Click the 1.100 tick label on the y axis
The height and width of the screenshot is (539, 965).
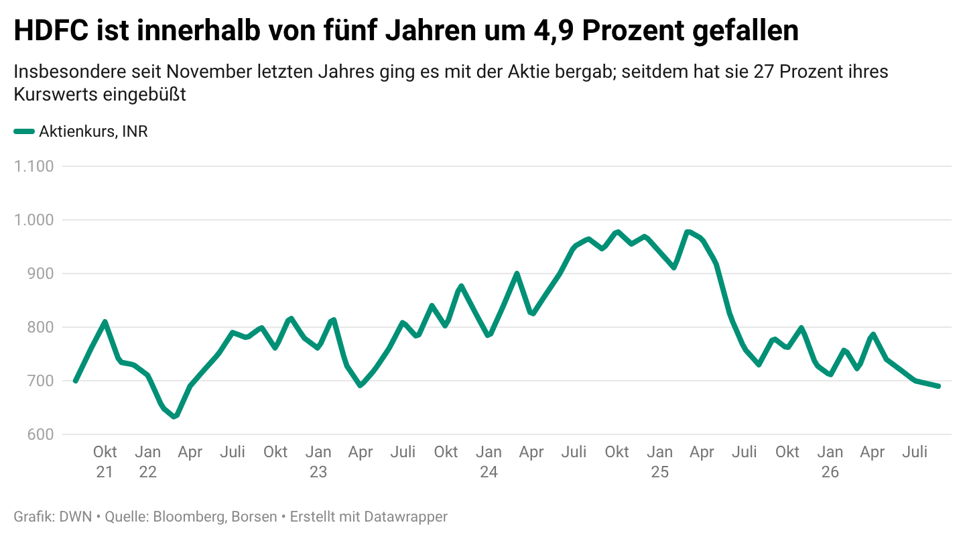pos(34,166)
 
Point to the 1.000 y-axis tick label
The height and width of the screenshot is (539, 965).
pos(34,220)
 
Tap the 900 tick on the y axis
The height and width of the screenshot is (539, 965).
pos(40,274)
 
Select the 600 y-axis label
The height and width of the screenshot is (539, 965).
pos(40,434)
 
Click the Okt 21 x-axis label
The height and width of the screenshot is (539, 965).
pos(105,462)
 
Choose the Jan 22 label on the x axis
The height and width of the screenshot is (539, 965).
pos(147,462)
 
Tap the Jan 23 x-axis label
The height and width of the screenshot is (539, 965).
pos(318,462)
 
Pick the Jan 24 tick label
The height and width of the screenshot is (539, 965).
pos(489,462)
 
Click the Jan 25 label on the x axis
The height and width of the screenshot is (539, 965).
pos(659,462)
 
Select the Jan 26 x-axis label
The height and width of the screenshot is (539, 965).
pos(830,462)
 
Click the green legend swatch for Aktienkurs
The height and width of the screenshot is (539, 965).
pos(24,131)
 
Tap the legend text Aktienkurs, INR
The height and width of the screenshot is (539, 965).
pos(94,131)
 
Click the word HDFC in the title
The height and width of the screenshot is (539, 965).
pos(51,31)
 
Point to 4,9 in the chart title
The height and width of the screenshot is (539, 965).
pos(553,32)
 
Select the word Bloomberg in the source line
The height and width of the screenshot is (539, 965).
pos(189,516)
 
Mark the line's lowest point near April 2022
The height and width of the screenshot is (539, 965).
pos(174,417)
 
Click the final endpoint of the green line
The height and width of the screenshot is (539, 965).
pos(938,386)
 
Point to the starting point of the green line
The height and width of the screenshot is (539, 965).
pos(75,381)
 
